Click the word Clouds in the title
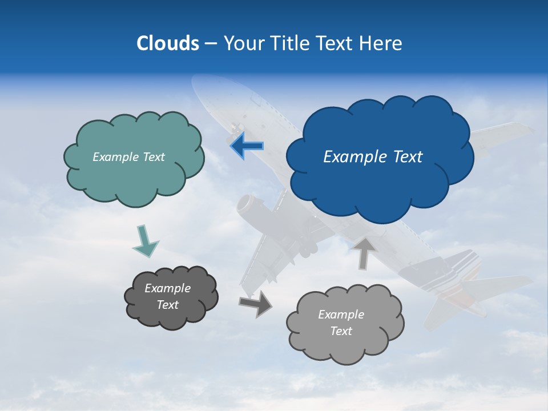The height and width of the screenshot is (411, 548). point(168,43)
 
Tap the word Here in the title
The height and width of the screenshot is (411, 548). point(381,43)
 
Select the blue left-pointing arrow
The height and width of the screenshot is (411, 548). point(247,146)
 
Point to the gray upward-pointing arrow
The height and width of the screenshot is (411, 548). point(364,253)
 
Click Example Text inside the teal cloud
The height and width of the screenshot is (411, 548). point(128,157)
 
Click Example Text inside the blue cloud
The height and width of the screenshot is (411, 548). point(373,157)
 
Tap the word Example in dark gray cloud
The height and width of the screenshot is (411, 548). point(167,288)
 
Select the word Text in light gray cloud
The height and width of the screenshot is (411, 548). point(341,331)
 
